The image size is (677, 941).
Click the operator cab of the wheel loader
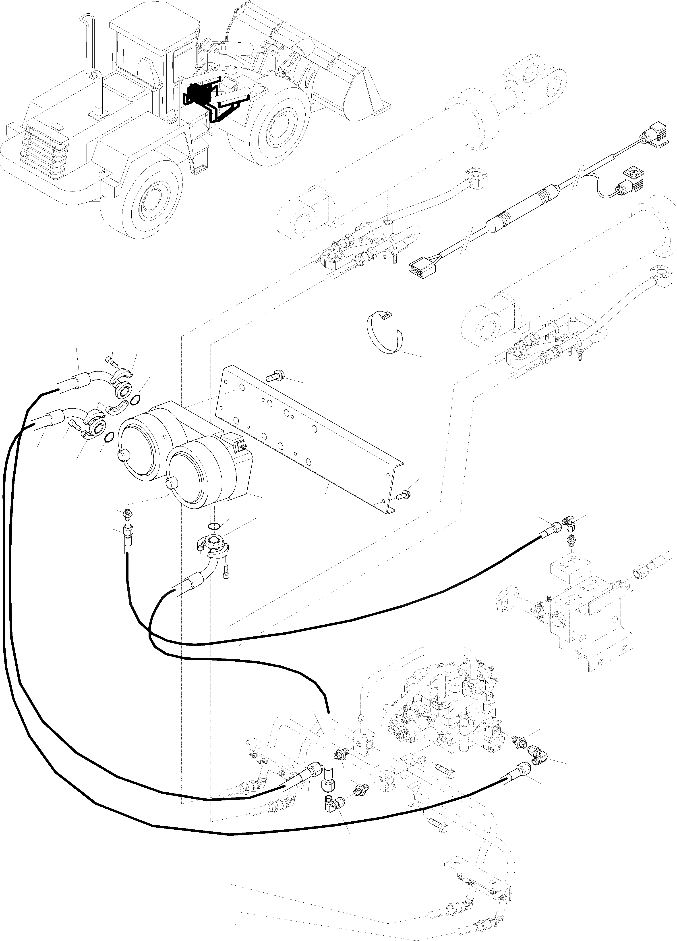coord(153,54)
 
